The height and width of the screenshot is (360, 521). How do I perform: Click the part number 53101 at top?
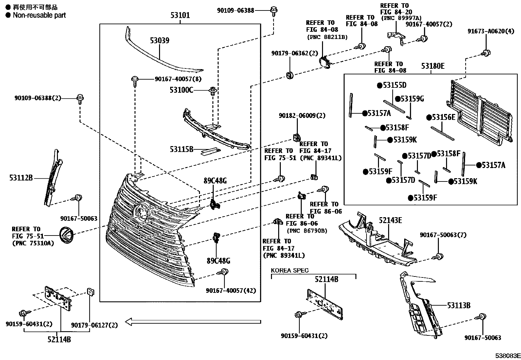180,15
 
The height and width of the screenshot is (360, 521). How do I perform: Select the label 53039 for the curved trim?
160,41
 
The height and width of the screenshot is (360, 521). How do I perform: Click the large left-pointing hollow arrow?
193,322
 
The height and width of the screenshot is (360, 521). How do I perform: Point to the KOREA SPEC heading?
289,271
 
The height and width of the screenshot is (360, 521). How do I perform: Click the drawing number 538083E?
507,356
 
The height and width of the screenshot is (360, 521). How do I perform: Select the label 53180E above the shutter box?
433,66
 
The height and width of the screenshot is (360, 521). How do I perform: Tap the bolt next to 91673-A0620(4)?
486,53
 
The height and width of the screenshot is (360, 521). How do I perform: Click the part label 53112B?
21,178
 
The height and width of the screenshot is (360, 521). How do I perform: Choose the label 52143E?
390,220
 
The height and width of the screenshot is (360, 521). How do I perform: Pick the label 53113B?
459,305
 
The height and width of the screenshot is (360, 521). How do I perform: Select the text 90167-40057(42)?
231,291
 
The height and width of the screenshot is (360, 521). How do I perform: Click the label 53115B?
181,149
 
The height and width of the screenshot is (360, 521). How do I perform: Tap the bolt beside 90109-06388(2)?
80,98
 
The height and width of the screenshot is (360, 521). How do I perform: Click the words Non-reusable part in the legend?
39,15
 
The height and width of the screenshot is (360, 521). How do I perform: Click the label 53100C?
181,90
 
